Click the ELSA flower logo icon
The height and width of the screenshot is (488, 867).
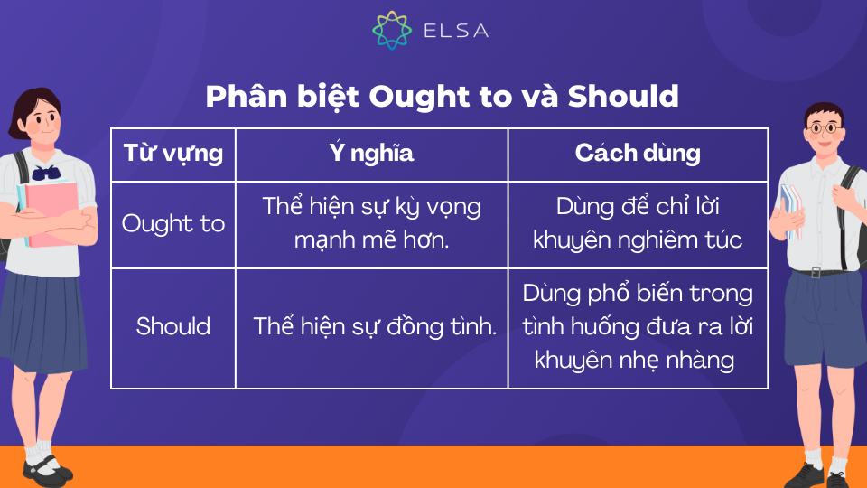coord(391,30)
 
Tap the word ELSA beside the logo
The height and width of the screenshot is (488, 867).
coord(456,31)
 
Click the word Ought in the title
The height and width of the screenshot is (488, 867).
coord(418,97)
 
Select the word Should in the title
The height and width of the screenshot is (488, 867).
coord(623,97)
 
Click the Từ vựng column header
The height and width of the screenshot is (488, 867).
coord(173,154)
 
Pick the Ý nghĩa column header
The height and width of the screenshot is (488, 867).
coord(371,153)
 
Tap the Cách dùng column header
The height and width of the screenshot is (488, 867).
coord(638,153)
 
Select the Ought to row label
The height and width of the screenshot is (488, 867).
coord(173,223)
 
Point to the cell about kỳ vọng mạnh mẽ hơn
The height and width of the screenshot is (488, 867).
coord(371,223)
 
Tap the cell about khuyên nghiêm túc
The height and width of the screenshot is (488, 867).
coord(638,223)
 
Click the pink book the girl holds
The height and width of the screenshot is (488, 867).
coord(52,214)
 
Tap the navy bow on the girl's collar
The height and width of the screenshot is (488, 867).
coord(46,173)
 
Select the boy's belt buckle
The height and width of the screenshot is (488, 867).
coord(816,272)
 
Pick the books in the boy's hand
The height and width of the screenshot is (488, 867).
coord(792,211)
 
